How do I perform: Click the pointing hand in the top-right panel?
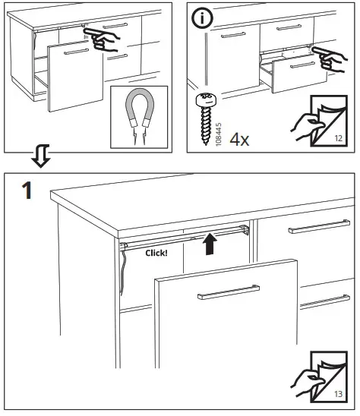pos(328,55)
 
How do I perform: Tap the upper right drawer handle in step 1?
pos(319,228)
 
